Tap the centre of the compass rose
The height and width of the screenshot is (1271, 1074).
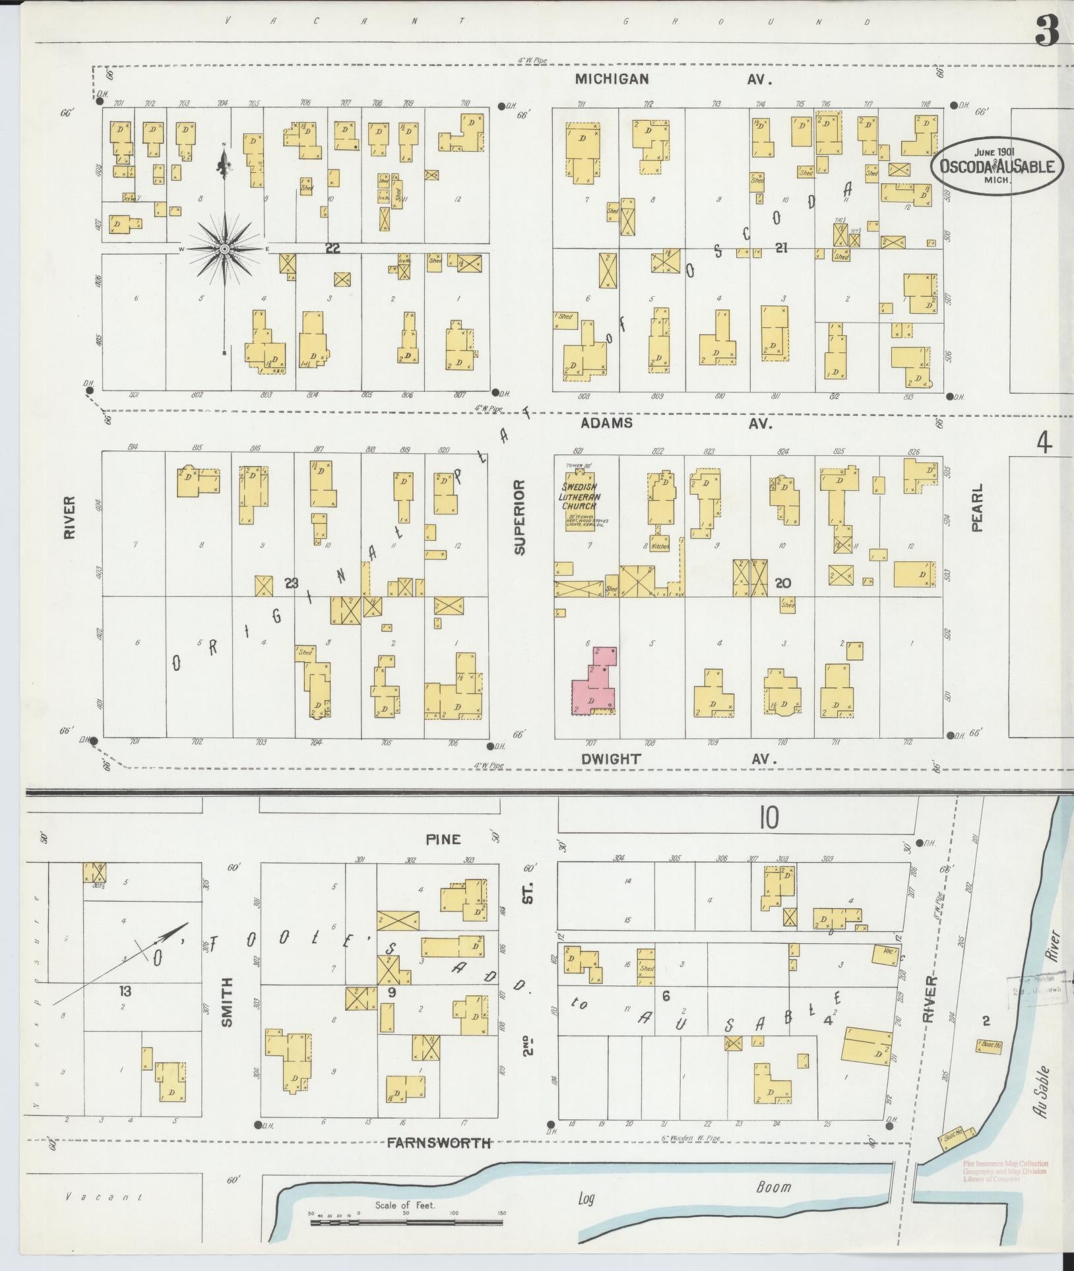(x=224, y=249)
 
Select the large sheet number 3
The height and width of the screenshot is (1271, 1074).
(x=1046, y=30)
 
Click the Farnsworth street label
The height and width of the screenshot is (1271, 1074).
(x=439, y=1143)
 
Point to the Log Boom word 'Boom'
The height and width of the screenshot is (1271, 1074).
(x=773, y=1187)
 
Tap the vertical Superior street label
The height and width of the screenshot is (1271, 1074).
(x=519, y=518)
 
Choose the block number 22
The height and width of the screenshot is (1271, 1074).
(x=332, y=247)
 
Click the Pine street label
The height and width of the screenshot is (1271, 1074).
(x=443, y=840)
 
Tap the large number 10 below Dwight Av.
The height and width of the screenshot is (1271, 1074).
(x=769, y=819)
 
